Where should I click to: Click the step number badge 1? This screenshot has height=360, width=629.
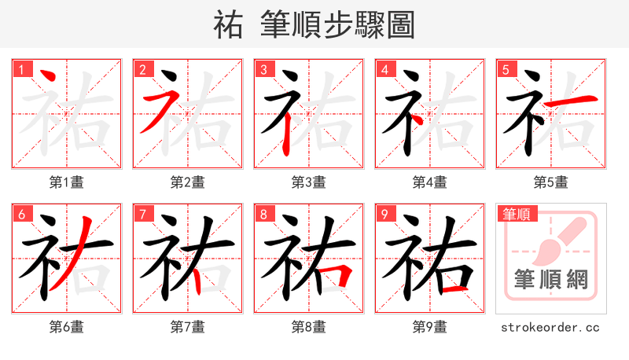[x=20, y=69]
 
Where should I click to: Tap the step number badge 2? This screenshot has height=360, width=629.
[x=142, y=69]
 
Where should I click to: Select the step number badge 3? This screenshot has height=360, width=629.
[x=263, y=69]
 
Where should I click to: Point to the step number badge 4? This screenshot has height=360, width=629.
[x=384, y=69]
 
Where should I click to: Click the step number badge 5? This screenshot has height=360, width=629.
[x=505, y=69]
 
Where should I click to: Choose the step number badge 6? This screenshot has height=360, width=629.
[x=20, y=214]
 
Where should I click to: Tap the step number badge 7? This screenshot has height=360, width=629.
[x=142, y=214]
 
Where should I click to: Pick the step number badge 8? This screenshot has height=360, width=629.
[x=263, y=214]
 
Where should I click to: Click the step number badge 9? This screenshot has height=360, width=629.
[x=384, y=214]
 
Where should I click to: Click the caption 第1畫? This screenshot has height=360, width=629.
[x=67, y=182]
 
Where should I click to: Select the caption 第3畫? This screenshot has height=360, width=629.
[x=309, y=182]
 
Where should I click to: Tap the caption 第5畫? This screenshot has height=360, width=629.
[x=551, y=182]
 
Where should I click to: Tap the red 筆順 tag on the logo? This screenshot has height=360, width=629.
[x=517, y=214]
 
